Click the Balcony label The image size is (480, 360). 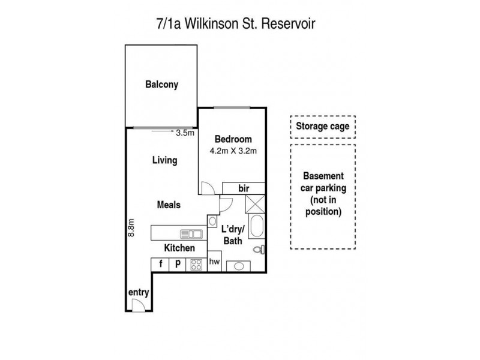[x=161, y=85]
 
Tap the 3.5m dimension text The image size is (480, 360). [x=185, y=133]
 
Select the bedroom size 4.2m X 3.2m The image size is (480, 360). [x=233, y=151]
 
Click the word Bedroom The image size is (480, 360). [x=233, y=139]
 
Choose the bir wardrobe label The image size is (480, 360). [x=244, y=188]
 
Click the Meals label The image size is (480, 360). [x=169, y=205]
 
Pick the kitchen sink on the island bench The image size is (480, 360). [x=190, y=233]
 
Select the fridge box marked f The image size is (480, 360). [x=160, y=263]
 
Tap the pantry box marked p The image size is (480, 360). [x=178, y=263]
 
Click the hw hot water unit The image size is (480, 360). [x=214, y=262]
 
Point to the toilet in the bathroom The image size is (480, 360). [x=259, y=249]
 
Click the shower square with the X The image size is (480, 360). [x=255, y=204]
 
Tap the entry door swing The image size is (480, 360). [x=137, y=305]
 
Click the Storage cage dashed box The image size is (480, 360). [x=323, y=127]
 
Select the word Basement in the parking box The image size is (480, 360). [x=323, y=176]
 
